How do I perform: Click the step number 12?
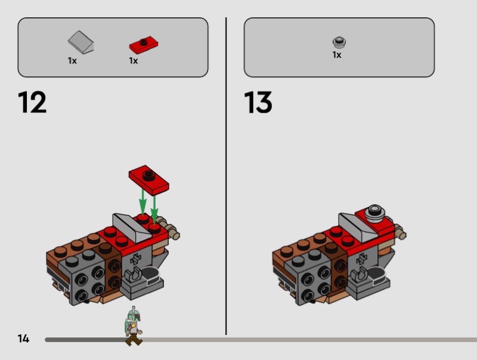32,102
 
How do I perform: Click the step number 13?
258,102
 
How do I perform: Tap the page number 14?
23,339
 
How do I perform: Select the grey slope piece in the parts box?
81,42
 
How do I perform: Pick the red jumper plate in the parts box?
144,45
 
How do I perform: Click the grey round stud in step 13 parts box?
339,42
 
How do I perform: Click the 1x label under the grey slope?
72,61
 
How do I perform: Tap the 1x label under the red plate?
133,61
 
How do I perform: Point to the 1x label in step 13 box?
337,55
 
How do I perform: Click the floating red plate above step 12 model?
149,180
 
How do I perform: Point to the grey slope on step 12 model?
132,228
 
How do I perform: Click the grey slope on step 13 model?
358,228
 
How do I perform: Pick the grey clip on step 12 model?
132,275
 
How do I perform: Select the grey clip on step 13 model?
358,275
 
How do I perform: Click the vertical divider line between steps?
226,176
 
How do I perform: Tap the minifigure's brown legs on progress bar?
133,340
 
